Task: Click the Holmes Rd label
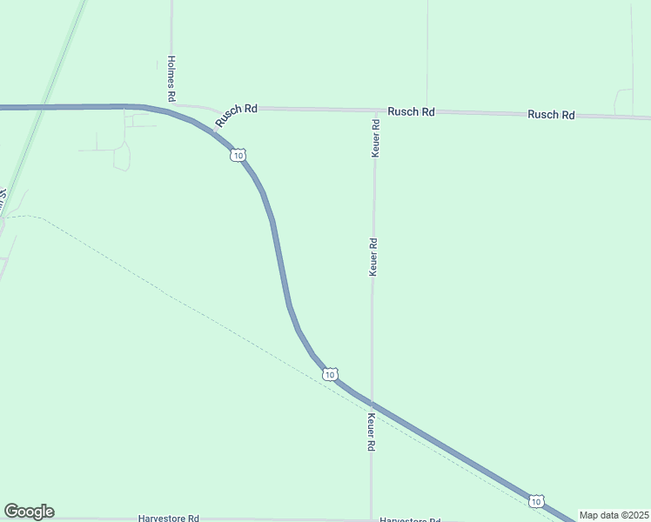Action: pos(171,76)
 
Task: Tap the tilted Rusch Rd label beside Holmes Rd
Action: pos(236,115)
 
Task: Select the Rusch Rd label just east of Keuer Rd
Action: pos(411,111)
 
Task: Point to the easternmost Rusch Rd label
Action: pos(551,115)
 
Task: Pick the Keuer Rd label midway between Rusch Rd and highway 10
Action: pos(373,258)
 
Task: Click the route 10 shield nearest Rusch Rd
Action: pos(238,155)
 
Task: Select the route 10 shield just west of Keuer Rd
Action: pos(328,374)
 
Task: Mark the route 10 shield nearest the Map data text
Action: pos(536,501)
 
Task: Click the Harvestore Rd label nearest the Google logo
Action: pos(168,518)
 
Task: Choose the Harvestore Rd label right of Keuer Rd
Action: pos(409,519)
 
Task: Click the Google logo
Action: pos(29,512)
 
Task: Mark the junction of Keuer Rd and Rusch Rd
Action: pos(375,110)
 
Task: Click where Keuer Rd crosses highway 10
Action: pos(372,405)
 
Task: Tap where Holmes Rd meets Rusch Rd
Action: pos(172,106)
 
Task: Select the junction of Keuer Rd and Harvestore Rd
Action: pos(371,519)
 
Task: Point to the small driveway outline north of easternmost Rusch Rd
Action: pos(623,101)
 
